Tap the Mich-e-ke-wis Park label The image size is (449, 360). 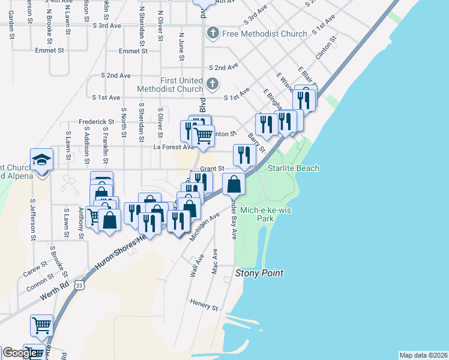click(265, 214)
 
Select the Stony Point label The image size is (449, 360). click(259, 274)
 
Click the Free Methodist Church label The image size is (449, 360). click(264, 34)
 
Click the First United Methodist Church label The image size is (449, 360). click(181, 85)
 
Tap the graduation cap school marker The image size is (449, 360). click(43, 160)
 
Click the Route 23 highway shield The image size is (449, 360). click(79, 287)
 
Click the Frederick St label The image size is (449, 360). click(96, 122)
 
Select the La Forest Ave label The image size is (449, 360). click(174, 146)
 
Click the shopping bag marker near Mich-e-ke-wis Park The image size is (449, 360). click(234, 185)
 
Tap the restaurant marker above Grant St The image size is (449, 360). click(244, 155)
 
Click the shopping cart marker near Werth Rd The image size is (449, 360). click(42, 326)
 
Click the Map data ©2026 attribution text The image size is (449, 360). click(423, 355)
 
